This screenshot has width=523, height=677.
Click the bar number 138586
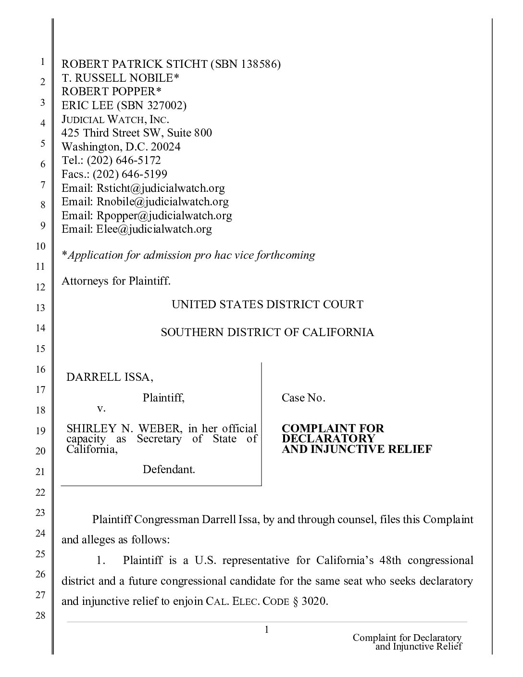tap(259, 64)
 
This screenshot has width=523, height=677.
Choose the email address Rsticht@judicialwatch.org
tap(161, 188)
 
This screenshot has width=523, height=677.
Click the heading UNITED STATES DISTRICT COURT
tap(267, 304)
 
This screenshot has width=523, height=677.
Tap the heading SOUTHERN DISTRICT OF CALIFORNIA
tap(267, 332)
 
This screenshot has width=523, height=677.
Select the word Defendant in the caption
tap(168, 470)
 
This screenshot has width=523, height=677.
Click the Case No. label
tap(303, 398)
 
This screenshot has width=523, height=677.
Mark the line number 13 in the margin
tap(42, 308)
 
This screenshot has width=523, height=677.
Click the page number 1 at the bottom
tap(266, 629)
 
